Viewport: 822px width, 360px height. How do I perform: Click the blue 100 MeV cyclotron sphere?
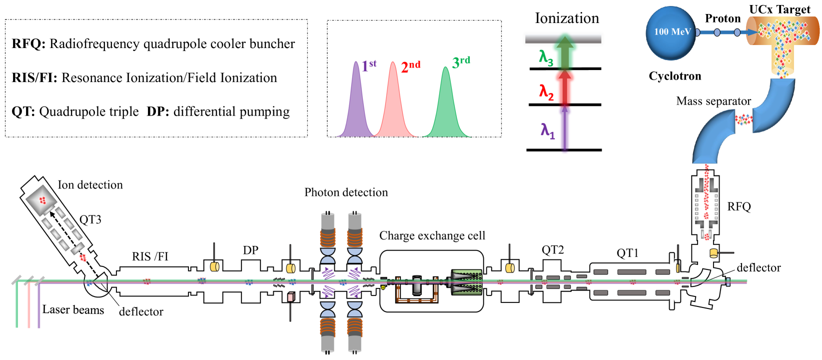click(x=671, y=33)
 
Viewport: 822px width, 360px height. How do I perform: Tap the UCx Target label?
click(x=780, y=9)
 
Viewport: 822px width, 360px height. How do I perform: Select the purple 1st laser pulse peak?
click(x=356, y=99)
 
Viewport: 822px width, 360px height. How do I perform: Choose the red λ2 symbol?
click(x=546, y=92)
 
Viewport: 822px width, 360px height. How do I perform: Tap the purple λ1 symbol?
click(x=548, y=131)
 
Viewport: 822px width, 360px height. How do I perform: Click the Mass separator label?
click(x=714, y=101)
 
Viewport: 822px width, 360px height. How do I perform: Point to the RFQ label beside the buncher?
click(x=739, y=207)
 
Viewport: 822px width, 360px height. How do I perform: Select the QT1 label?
click(x=628, y=252)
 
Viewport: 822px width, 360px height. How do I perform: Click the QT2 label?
click(x=553, y=250)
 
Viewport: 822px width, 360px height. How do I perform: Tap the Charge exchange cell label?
click(x=432, y=235)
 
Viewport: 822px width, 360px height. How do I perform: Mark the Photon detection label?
click(x=346, y=192)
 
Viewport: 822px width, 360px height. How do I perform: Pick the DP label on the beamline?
click(x=251, y=250)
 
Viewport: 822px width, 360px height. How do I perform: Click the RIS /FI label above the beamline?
click(x=150, y=256)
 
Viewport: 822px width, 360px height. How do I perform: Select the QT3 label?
click(x=90, y=219)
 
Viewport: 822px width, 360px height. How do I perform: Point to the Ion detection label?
click(x=90, y=185)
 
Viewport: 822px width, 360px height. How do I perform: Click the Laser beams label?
click(x=73, y=309)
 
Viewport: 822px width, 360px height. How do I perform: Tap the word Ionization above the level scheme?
click(x=567, y=18)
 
